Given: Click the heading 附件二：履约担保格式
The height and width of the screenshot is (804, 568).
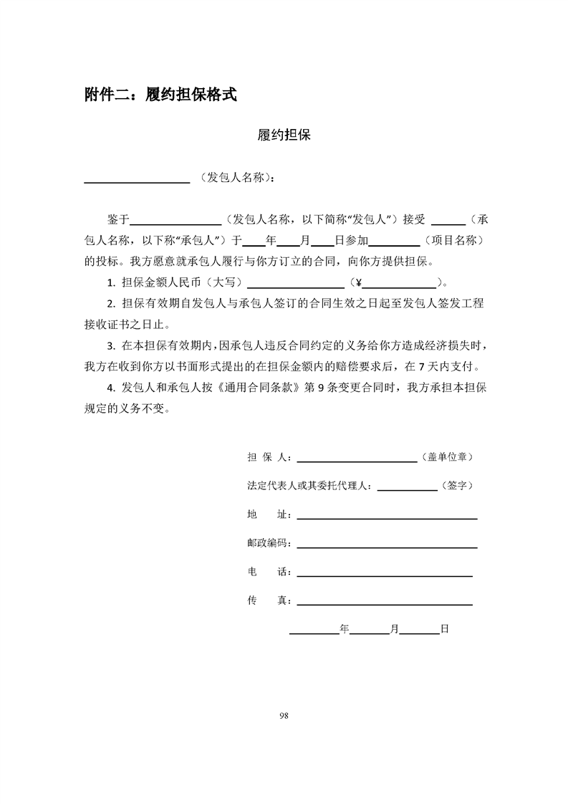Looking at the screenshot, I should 160,94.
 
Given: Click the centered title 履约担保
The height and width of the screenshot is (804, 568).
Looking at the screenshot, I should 284,135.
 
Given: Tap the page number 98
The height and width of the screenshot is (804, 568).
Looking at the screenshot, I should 284,715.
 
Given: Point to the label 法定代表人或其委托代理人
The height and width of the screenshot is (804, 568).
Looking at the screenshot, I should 308,485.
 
